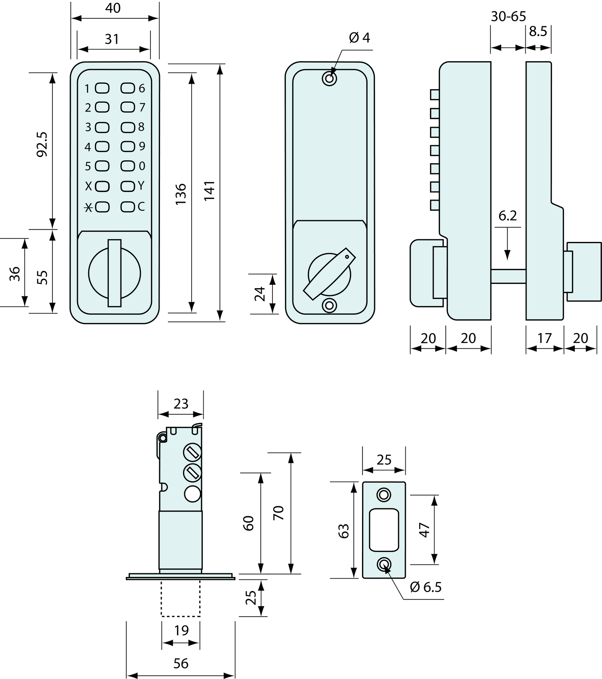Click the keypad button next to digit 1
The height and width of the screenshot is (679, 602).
tap(102, 88)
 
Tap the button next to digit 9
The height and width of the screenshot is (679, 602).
tap(128, 146)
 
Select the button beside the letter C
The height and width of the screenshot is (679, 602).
tap(128, 206)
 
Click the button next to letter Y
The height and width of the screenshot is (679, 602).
tap(128, 186)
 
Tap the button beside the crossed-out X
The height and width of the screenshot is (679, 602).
tap(102, 207)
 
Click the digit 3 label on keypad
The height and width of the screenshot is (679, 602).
tap(88, 127)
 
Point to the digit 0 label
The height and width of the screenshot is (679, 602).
tap(142, 166)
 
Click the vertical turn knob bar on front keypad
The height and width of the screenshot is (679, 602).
tap(115, 273)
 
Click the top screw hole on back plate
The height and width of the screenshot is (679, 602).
tap(330, 78)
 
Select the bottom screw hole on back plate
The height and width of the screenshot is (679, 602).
tap(330, 306)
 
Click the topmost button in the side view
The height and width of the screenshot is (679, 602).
tap(435, 95)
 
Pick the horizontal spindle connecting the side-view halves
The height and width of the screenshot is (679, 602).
tap(508, 276)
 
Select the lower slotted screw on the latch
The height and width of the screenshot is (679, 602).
tap(192, 473)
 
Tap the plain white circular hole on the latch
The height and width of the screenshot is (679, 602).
tap(192, 494)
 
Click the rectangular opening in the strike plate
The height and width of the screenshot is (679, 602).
tap(384, 530)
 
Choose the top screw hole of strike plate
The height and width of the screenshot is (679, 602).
tap(384, 495)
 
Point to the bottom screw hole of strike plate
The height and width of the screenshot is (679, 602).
tap(384, 565)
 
